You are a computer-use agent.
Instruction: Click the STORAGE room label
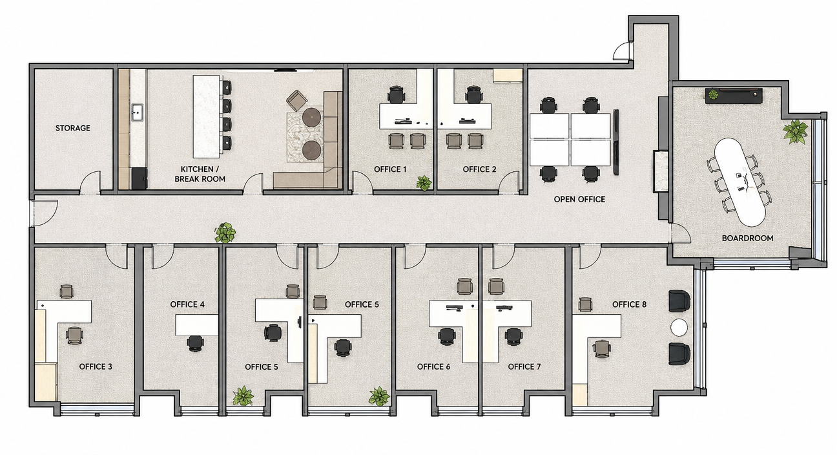[x=73, y=128]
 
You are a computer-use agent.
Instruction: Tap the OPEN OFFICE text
[x=579, y=199]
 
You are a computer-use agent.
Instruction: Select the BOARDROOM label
[x=747, y=238]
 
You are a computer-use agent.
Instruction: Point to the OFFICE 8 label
[x=629, y=304]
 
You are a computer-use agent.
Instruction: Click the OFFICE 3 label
[x=96, y=366]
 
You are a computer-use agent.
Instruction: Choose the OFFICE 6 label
[x=434, y=366]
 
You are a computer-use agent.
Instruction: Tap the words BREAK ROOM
[x=200, y=179]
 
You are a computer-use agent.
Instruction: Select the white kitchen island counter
[x=207, y=116]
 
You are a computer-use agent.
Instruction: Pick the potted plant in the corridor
[x=225, y=233]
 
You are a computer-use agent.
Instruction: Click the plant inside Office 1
[x=424, y=183]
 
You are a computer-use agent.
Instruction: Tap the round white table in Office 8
[x=679, y=328]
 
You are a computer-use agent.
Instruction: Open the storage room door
[x=91, y=182]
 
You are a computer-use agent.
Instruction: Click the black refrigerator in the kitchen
[x=139, y=179]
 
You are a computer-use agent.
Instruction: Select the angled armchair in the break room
[x=296, y=101]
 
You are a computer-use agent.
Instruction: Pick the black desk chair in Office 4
[x=196, y=343]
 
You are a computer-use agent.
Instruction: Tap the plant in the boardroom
[x=795, y=132]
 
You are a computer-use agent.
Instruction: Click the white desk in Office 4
[x=197, y=325]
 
